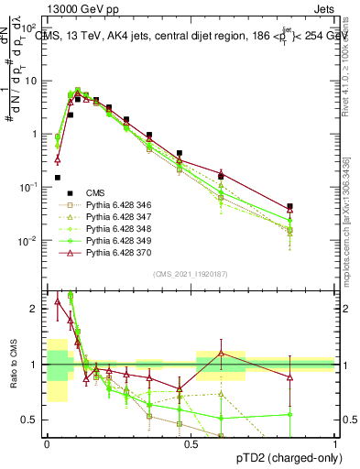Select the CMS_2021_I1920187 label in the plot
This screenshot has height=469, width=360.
click(x=191, y=274)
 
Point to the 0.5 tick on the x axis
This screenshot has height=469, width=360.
click(x=191, y=442)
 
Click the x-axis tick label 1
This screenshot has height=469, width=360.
click(x=334, y=442)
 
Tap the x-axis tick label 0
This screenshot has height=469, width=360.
click(x=47, y=442)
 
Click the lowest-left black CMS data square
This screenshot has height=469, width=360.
click(x=58, y=178)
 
